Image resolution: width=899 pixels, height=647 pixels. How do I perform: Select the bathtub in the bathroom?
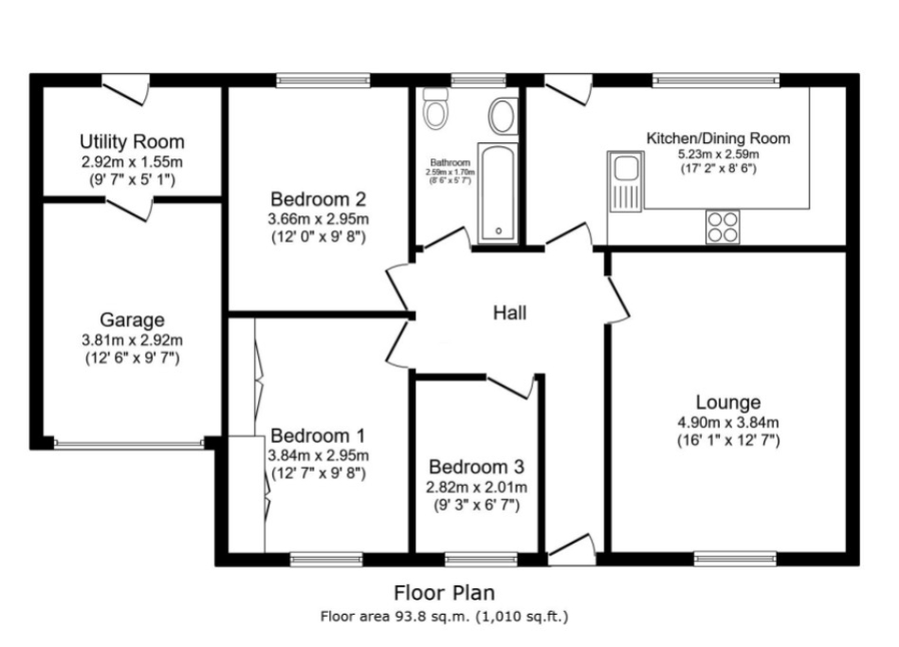point(498,194)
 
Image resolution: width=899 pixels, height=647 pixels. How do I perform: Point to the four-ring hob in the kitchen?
point(722,226)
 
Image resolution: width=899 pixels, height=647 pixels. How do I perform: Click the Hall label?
point(509,313)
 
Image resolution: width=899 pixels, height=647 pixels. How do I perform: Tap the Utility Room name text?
point(132,142)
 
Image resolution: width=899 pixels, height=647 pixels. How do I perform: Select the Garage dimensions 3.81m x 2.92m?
point(133,340)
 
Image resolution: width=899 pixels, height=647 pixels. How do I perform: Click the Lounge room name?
point(727,402)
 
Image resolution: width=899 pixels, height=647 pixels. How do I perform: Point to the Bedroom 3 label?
point(476,468)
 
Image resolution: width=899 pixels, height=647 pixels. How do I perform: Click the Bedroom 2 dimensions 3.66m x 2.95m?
point(319,218)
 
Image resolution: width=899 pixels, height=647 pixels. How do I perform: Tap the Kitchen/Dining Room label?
point(718,139)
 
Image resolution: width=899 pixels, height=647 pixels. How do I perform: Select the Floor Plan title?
point(445,594)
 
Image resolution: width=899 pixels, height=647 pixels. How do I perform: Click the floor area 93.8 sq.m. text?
point(445,616)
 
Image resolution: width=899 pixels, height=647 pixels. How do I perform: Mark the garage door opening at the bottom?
point(128,443)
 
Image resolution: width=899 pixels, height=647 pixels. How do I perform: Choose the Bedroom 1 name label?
point(318,435)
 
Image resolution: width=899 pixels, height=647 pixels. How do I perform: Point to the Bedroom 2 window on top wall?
point(323,80)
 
